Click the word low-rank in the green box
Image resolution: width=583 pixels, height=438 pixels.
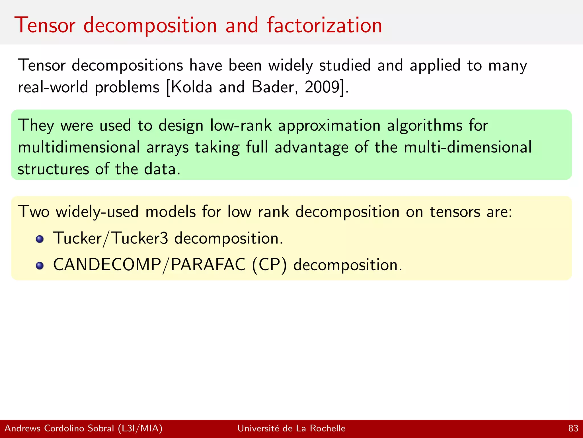pyautogui.click(x=241, y=125)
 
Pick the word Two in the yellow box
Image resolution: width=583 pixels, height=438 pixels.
pyautogui.click(x=34, y=212)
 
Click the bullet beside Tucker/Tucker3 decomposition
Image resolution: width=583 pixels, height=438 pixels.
pyautogui.click(x=40, y=239)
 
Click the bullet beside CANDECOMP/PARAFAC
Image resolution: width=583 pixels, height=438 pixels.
pyautogui.click(x=40, y=266)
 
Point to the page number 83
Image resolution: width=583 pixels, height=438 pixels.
pyautogui.click(x=573, y=428)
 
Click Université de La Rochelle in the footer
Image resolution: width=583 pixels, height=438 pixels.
pyautogui.click(x=291, y=428)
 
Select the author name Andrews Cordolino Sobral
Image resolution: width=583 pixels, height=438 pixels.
pyautogui.click(x=59, y=428)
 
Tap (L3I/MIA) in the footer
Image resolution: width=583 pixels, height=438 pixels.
pyautogui.click(x=140, y=428)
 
